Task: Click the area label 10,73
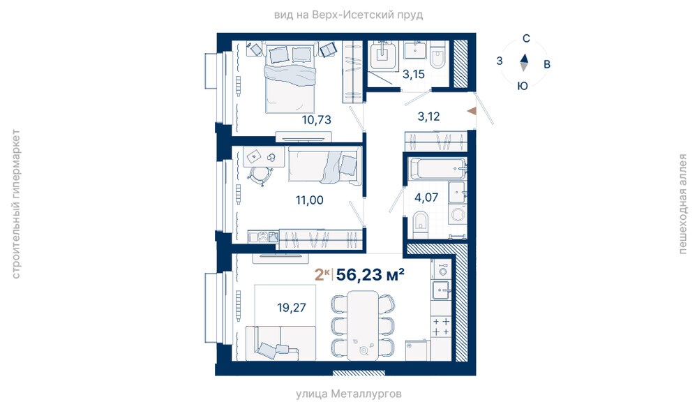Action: [317, 120]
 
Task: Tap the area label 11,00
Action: [310, 200]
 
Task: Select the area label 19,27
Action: [292, 308]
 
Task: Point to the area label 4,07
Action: [426, 198]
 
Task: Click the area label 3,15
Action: [414, 75]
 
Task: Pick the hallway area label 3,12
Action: [428, 117]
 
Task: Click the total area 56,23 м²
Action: [370, 275]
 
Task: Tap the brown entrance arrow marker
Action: [472, 111]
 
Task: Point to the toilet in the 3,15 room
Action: [438, 56]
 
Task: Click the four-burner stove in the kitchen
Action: [442, 327]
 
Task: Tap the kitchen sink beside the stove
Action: [441, 290]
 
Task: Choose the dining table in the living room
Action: [363, 325]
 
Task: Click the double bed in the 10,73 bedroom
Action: [291, 78]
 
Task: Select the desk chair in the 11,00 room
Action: [259, 176]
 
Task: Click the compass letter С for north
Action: [526, 38]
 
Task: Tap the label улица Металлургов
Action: [349, 394]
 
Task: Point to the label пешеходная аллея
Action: [683, 204]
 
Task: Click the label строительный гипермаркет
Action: [16, 204]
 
